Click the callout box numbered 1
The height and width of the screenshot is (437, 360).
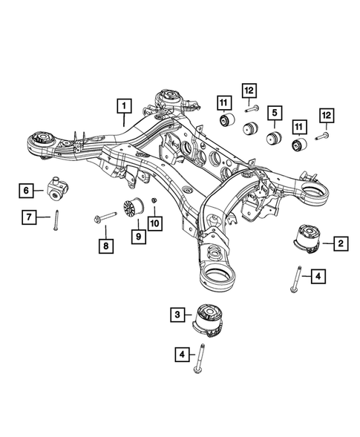[x=124, y=106]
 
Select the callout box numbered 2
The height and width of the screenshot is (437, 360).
[x=340, y=243]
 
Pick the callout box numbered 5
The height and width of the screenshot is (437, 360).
[x=275, y=113]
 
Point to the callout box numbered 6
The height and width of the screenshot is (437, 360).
[x=26, y=191]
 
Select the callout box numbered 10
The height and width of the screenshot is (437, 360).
[x=156, y=223]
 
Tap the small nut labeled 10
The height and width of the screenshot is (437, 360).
[x=151, y=202]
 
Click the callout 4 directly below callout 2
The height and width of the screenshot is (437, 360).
[x=317, y=277]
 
